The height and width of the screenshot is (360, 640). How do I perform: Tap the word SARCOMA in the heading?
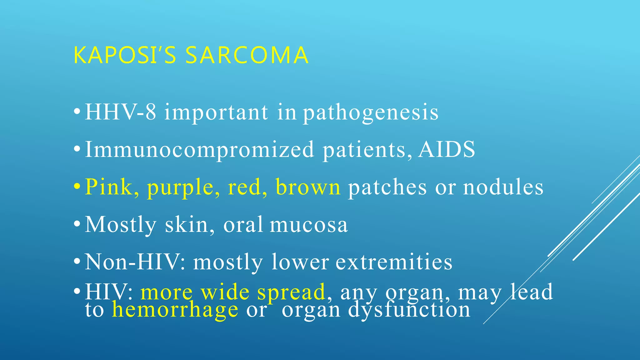point(247,55)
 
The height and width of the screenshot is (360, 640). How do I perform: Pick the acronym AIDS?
point(447,149)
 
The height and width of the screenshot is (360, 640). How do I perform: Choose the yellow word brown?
point(308,187)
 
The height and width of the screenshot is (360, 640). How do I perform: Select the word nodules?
point(503,187)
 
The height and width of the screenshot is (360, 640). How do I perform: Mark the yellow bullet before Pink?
point(77,187)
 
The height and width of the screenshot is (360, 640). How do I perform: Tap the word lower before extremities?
point(300,262)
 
